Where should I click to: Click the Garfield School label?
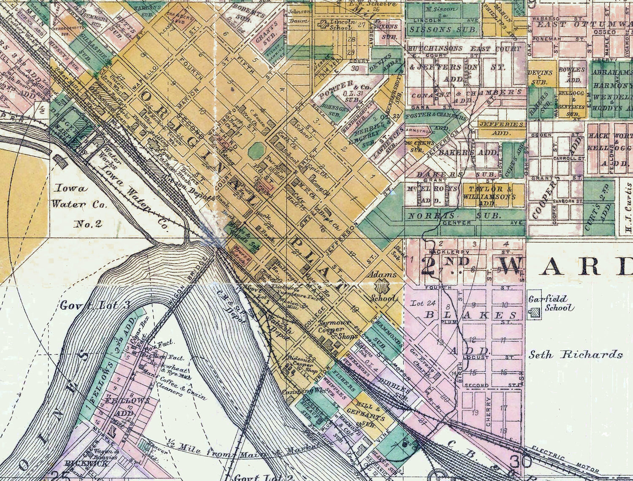point(548,303)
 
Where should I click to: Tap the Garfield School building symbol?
point(536,313)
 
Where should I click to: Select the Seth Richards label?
point(576,354)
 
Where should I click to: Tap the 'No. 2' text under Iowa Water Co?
point(88,224)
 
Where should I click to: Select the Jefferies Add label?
point(502,128)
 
